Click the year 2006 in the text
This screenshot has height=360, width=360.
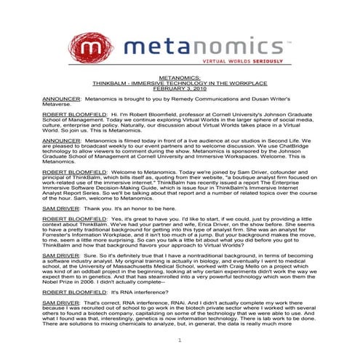pyautogui.click(x=89, y=282)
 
